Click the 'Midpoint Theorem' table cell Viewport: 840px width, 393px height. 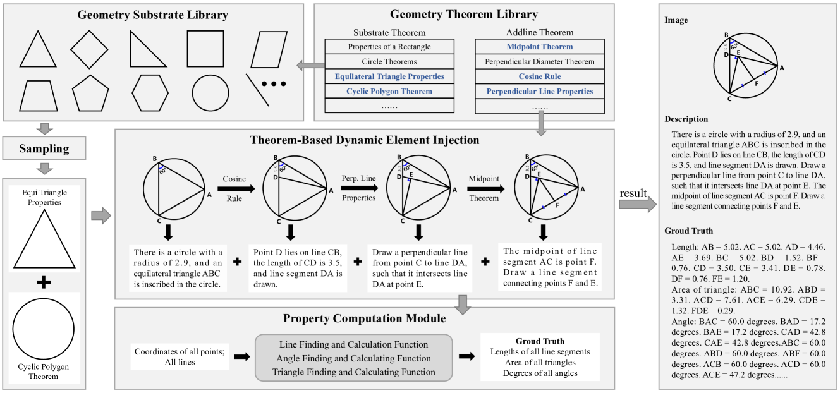[539, 47]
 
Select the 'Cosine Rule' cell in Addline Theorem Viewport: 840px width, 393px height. [539, 76]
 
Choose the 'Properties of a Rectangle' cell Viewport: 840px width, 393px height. [389, 47]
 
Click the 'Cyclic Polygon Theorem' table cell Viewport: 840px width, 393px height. [389, 92]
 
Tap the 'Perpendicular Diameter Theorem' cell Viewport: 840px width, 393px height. [539, 62]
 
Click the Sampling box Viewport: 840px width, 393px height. [44, 150]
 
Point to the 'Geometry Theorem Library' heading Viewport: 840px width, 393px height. [463, 14]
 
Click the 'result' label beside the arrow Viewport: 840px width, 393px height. [633, 191]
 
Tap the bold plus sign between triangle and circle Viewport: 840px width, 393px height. [44, 282]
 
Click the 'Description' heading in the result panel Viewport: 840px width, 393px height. [686, 119]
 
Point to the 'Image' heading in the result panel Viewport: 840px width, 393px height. [676, 20]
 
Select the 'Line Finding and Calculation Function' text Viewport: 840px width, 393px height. [353, 344]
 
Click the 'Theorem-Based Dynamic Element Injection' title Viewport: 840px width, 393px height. [364, 140]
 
